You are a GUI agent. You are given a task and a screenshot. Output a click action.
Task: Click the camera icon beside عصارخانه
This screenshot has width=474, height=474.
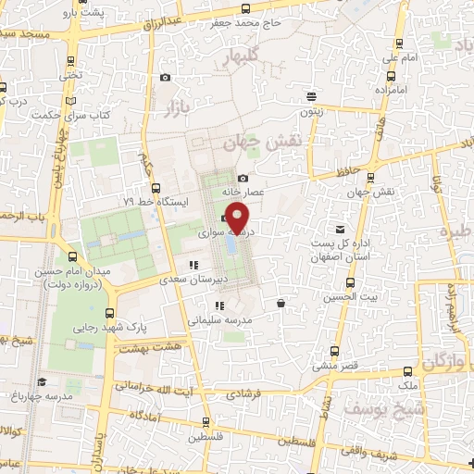click(x=243, y=178)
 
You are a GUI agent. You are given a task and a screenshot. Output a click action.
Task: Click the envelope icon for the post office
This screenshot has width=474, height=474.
click(x=340, y=229)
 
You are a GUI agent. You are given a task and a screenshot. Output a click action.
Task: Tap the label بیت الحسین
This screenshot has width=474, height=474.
click(x=343, y=298)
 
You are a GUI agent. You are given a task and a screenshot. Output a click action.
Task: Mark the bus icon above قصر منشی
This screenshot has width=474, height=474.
click(x=333, y=352)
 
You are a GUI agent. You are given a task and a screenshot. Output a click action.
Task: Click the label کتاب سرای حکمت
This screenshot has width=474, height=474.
click(x=65, y=116)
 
